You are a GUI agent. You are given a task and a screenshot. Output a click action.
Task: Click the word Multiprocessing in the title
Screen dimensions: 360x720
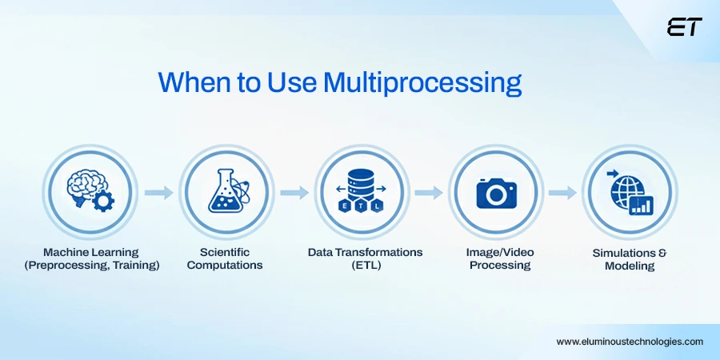[422, 83]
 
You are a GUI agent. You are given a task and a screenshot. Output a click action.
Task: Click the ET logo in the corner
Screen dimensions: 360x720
[684, 27]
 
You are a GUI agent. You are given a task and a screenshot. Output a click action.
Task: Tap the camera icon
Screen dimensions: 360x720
[496, 193]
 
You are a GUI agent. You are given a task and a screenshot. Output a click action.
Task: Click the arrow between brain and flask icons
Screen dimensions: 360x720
[158, 193]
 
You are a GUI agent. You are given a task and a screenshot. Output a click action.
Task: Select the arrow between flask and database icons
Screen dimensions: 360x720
[294, 193]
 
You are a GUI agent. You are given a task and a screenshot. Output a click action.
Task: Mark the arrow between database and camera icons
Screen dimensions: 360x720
[429, 193]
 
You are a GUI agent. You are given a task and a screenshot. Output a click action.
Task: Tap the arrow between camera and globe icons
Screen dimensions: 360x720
[563, 193]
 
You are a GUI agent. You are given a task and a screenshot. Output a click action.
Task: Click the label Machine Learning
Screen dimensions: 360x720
[91, 252]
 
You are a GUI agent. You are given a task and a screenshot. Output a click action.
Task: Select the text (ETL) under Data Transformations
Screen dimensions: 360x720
[365, 266]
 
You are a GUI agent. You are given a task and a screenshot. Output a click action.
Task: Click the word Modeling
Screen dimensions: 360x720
[630, 266]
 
